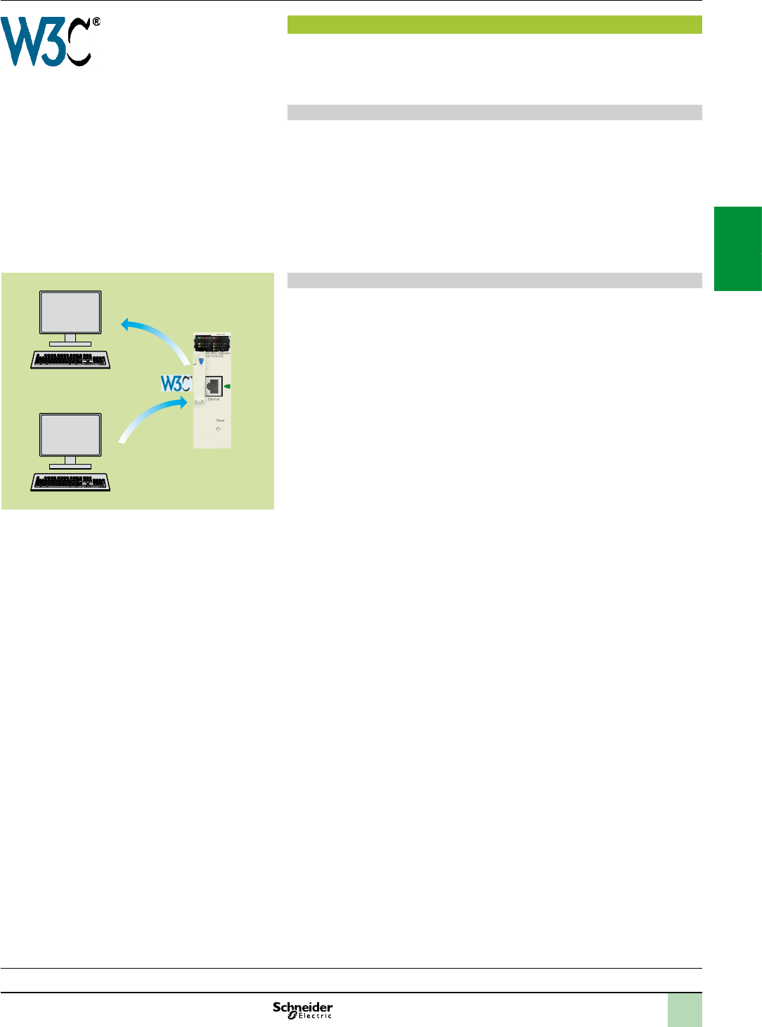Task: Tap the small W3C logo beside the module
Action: (x=175, y=384)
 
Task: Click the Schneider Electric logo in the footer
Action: (x=303, y=1010)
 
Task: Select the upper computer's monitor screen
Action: (x=70, y=313)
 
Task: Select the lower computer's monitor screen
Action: (x=70, y=435)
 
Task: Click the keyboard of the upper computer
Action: (x=70, y=360)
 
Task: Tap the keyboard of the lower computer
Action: (x=70, y=482)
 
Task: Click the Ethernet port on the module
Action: (x=214, y=386)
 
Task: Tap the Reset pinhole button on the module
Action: (x=219, y=429)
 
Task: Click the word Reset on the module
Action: (x=220, y=420)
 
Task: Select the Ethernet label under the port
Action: (x=214, y=399)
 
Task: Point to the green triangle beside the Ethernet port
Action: (x=227, y=386)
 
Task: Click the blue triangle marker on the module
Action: (x=201, y=362)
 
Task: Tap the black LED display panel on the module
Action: (x=212, y=344)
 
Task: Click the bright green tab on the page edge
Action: (x=738, y=248)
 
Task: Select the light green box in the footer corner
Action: (x=685, y=1010)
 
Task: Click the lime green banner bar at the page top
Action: (x=494, y=25)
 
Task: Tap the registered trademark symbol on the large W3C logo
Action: (x=96, y=22)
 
